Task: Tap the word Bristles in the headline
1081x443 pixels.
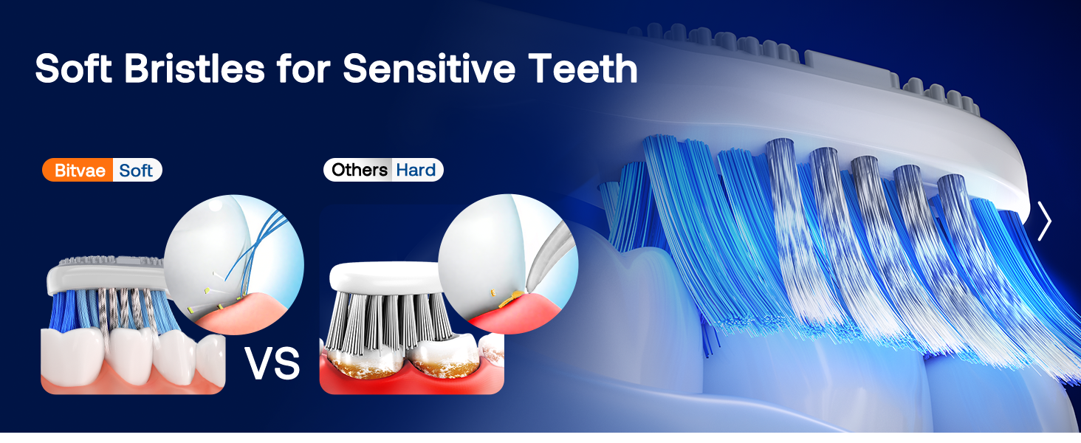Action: pos(194,69)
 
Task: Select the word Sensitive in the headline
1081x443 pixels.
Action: pos(428,69)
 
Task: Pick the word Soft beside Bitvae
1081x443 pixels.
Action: pos(136,171)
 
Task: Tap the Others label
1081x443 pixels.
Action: pos(359,170)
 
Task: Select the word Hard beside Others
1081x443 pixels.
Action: pos(416,170)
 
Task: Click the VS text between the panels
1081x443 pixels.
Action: pos(272,363)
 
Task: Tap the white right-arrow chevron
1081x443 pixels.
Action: pos(1043,221)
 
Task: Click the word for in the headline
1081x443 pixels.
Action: pos(302,69)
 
